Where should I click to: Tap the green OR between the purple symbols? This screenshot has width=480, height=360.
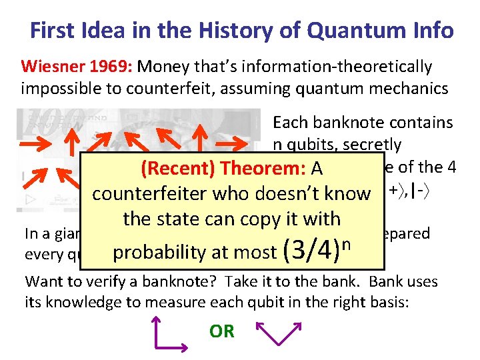pos(221,331)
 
